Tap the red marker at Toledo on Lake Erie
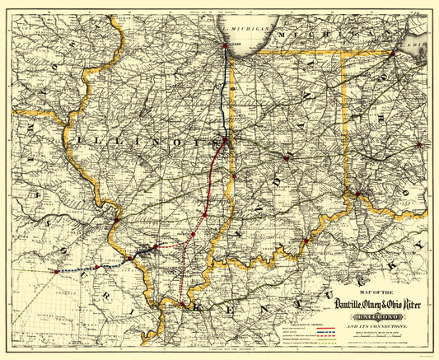coord(394,54)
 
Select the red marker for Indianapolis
coord(286,157)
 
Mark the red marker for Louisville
coord(306,241)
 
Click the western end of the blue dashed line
coord(55,271)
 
